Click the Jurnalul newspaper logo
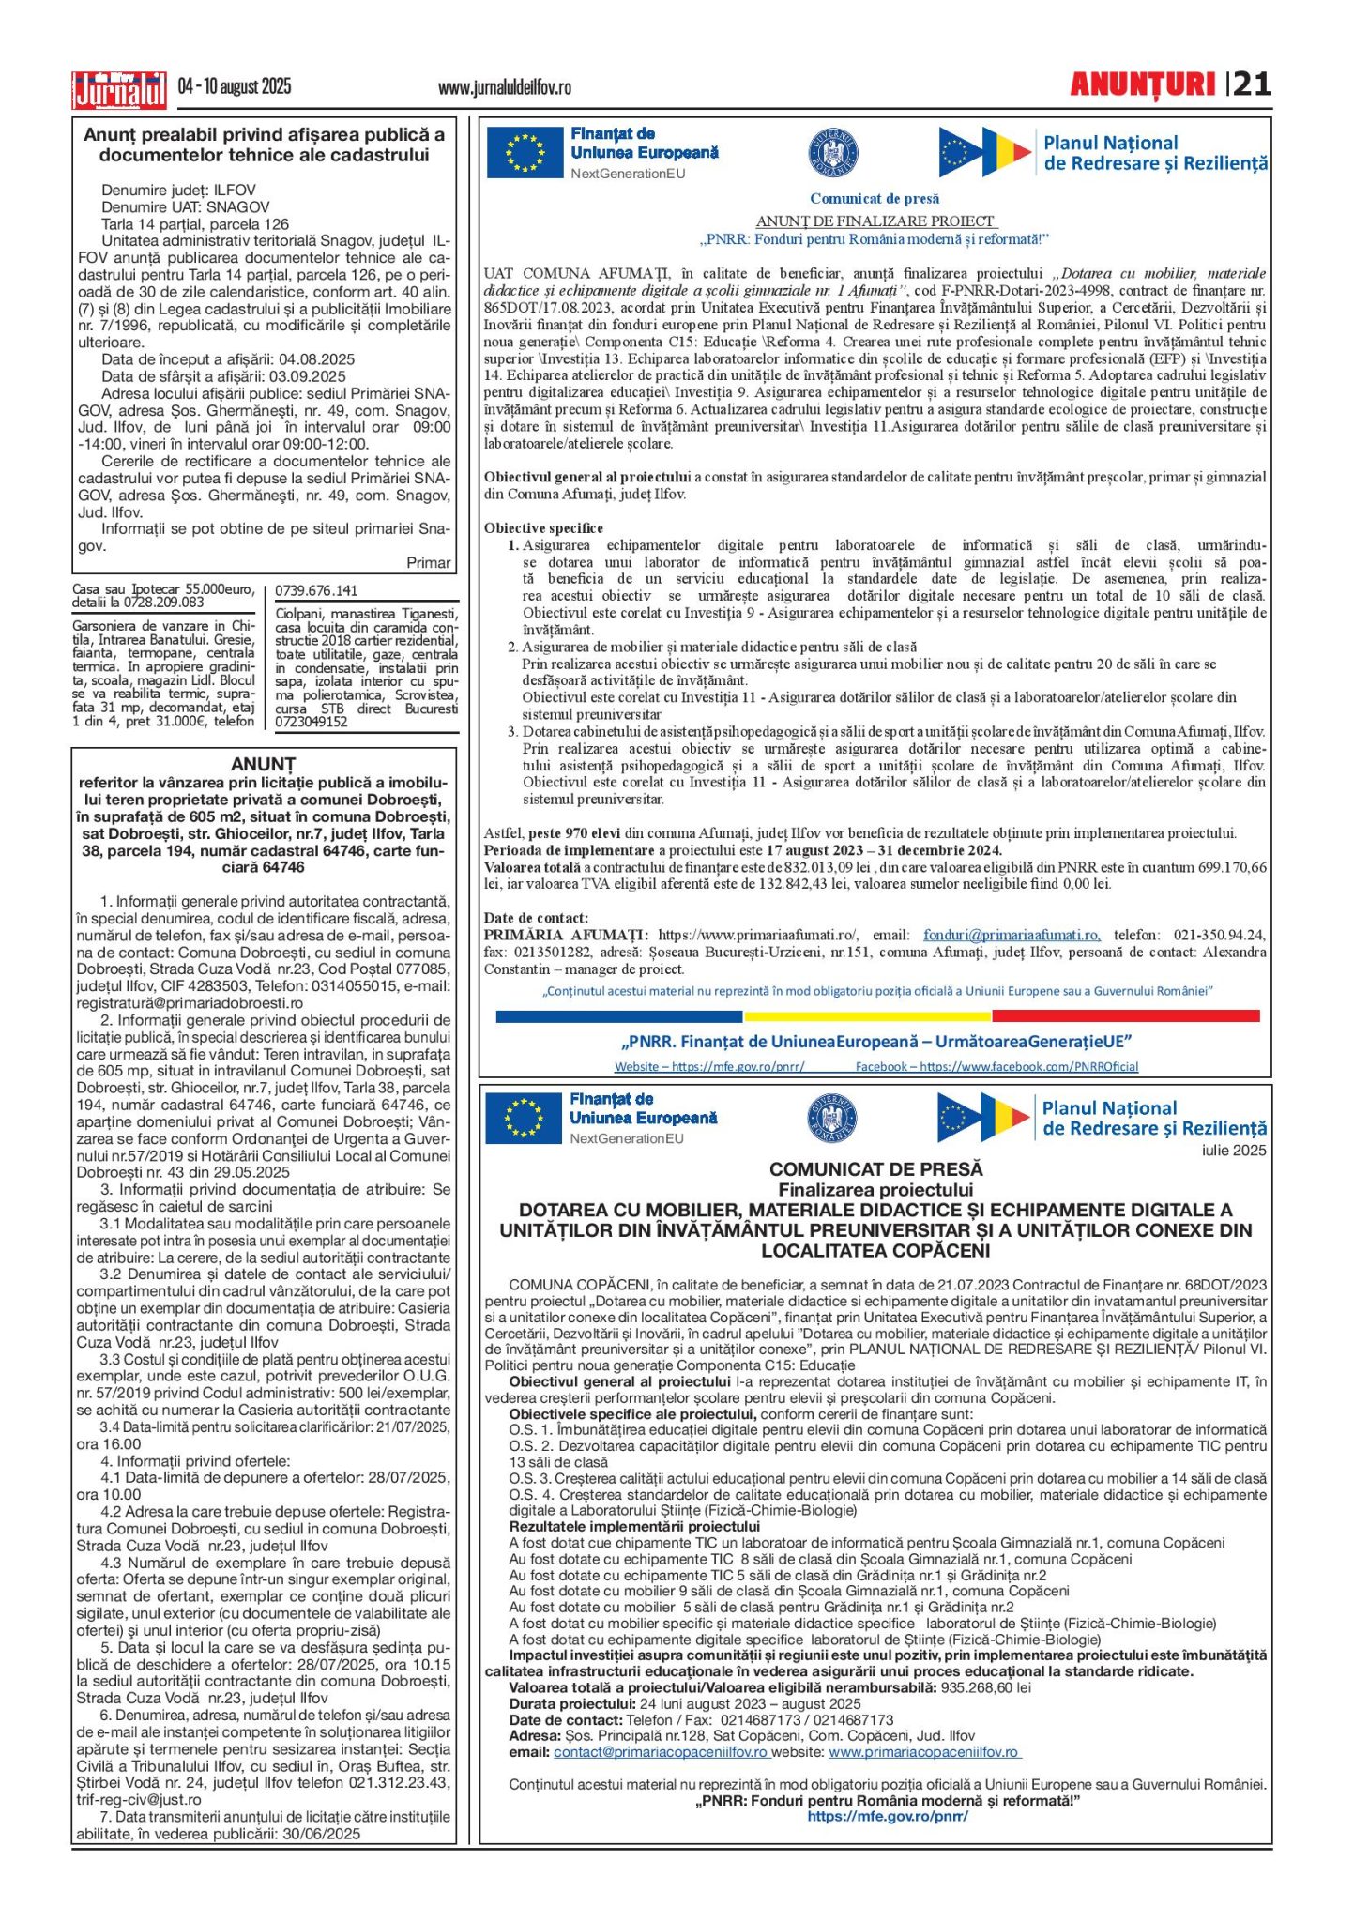point(119,90)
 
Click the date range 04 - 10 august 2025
point(235,87)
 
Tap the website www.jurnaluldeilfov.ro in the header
point(504,88)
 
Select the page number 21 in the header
point(1253,84)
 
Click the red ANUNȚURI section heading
point(1142,85)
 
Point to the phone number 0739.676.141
point(316,590)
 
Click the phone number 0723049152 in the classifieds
point(312,722)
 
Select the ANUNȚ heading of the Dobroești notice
point(263,764)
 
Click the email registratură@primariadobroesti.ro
point(190,1003)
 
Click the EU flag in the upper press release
point(525,153)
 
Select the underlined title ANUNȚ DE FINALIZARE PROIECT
point(875,221)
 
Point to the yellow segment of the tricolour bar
point(867,1015)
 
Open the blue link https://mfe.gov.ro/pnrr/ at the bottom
point(888,1816)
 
